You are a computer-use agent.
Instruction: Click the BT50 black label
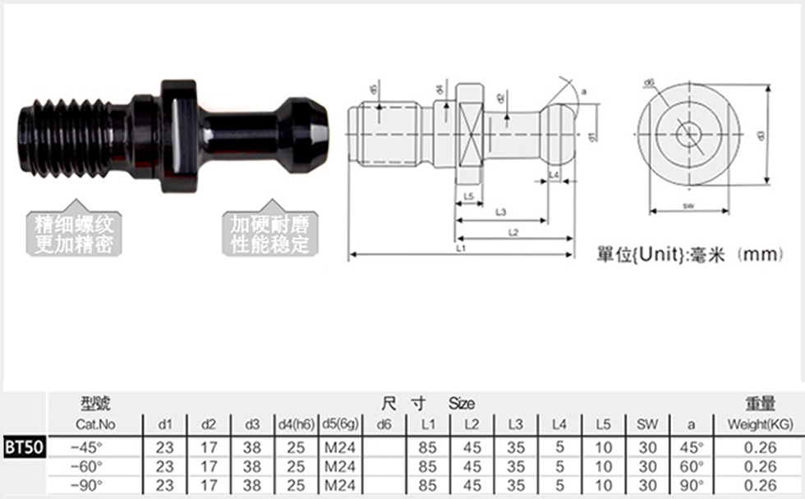click(23, 448)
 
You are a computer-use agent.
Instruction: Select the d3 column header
click(253, 424)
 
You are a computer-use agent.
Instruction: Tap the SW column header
click(648, 424)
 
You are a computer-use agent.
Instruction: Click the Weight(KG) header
click(760, 424)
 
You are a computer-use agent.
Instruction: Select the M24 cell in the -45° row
click(339, 447)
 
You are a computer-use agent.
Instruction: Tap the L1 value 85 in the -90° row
click(427, 485)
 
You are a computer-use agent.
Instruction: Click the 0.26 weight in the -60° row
click(760, 466)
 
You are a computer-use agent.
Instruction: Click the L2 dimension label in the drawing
click(513, 232)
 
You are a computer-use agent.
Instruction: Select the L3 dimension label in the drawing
click(500, 213)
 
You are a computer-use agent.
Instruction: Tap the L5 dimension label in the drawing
click(467, 196)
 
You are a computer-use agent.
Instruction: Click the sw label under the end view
click(688, 207)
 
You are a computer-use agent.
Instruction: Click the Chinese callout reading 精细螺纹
click(74, 224)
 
